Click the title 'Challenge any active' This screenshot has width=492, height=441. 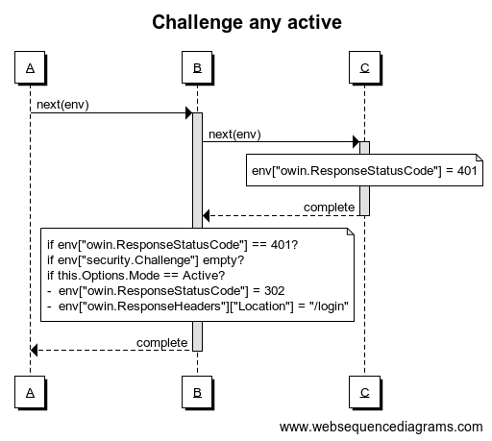click(247, 22)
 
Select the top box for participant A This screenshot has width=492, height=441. click(30, 67)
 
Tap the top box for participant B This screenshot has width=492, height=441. click(197, 67)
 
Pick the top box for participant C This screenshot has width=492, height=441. click(364, 67)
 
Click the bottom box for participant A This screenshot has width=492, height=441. click(30, 392)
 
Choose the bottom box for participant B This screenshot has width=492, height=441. click(197, 392)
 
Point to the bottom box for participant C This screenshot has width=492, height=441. click(364, 392)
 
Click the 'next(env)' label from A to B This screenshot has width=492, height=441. click(62, 105)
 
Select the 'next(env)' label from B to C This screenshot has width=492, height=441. click(234, 135)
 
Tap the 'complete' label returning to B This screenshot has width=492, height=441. click(329, 208)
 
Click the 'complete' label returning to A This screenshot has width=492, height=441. click(161, 343)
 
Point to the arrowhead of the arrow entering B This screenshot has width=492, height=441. click(189, 112)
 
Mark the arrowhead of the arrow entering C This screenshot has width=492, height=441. click(357, 141)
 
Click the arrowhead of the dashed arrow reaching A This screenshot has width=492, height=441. click(34, 350)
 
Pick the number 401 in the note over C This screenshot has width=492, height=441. click(467, 171)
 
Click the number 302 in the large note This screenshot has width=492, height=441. click(275, 291)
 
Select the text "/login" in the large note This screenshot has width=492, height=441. click(329, 306)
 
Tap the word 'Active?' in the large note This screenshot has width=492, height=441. click(204, 276)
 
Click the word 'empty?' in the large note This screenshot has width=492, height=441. click(224, 260)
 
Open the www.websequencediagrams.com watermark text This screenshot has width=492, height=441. click(381, 427)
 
